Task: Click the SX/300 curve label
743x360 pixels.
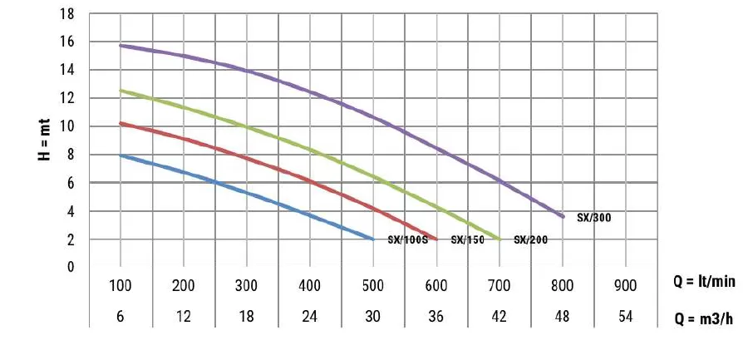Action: point(593,217)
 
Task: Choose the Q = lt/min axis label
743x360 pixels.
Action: point(704,282)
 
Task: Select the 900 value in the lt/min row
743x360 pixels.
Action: point(624,286)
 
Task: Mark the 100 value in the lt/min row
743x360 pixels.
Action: point(121,286)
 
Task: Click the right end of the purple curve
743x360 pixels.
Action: point(563,216)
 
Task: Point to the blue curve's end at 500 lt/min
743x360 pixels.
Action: point(373,239)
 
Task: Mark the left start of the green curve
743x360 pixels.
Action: point(121,90)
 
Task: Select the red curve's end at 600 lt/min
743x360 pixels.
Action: point(435,239)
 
